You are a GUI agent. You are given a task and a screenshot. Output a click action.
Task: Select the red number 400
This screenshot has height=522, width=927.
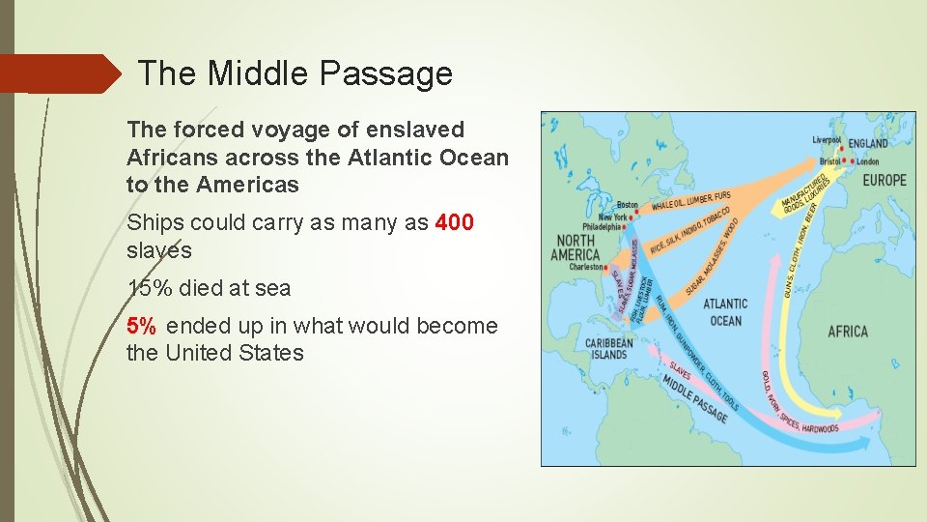click(455, 222)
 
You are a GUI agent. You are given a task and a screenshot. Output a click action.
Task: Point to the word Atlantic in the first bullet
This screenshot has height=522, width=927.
click(385, 157)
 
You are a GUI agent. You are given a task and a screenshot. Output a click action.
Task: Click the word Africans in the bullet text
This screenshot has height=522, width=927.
click(168, 157)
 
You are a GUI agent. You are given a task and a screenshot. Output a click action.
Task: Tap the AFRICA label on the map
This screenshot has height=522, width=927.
click(847, 332)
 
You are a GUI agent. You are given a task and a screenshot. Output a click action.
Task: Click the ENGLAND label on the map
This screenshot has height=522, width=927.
click(867, 143)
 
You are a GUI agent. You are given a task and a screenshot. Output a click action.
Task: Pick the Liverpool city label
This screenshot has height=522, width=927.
click(828, 140)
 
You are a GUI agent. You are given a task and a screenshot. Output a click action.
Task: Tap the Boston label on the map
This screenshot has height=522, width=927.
click(627, 205)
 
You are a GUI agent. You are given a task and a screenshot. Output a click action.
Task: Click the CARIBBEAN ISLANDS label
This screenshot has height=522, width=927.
click(608, 348)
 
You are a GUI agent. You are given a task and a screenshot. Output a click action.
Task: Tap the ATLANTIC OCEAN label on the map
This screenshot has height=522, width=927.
click(724, 312)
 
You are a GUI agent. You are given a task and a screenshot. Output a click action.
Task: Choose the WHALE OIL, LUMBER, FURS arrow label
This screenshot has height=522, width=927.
click(690, 201)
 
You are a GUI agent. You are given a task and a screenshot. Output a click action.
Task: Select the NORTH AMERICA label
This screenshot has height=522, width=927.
click(575, 247)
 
